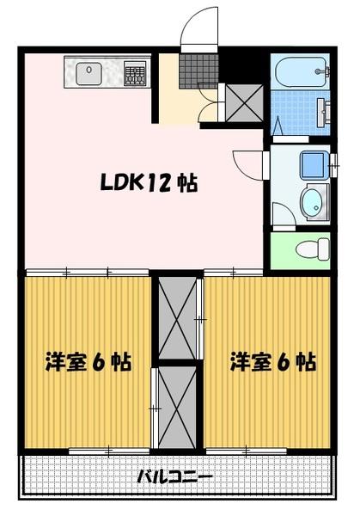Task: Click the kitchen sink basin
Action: tap(89, 75)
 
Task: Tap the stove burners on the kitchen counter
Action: tap(135, 74)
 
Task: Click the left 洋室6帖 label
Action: tap(88, 362)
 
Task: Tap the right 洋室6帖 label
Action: tap(272, 362)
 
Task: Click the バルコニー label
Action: tap(175, 477)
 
